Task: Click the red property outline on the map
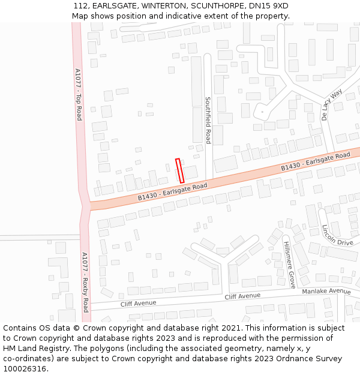coord(179,170)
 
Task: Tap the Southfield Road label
coord(208,120)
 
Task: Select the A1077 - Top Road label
coord(78,94)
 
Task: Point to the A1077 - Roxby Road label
coord(85,281)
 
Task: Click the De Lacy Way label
coord(331,104)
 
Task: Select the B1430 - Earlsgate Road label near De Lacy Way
coord(315,162)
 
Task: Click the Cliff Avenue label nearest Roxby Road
coord(138,303)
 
